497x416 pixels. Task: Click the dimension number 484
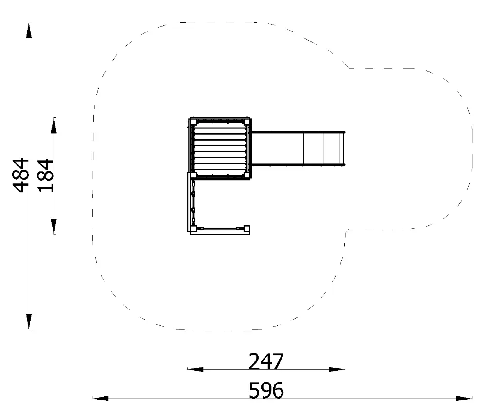(x=21, y=175)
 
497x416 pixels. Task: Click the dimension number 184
(x=46, y=176)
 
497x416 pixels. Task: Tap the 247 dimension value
(x=266, y=362)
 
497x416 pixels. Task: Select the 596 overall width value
(x=266, y=390)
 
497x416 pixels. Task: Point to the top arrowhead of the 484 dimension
(x=29, y=31)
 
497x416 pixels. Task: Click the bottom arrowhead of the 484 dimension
(x=29, y=321)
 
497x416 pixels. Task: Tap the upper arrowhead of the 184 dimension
(x=54, y=126)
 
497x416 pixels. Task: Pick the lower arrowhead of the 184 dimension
(x=54, y=226)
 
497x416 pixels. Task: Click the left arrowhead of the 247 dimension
(x=196, y=369)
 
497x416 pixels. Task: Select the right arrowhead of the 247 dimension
(x=337, y=369)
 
